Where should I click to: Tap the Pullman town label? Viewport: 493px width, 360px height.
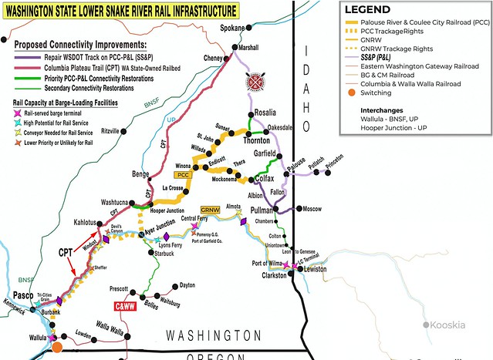tap(264, 210)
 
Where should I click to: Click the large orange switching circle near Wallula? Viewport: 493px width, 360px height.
tap(57, 348)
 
